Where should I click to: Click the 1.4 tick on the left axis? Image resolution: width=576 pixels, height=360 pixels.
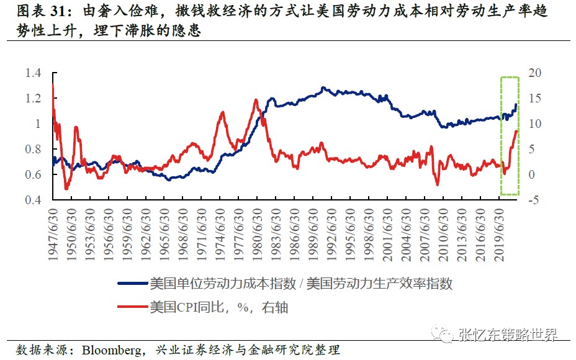32,73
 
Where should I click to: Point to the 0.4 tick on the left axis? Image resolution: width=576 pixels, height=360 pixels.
32,200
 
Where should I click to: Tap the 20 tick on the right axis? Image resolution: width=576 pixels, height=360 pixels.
534,73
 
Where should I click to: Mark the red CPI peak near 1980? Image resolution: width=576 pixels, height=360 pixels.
256,100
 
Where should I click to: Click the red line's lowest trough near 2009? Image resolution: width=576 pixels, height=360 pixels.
438,184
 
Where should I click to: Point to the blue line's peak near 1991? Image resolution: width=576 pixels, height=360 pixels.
323,88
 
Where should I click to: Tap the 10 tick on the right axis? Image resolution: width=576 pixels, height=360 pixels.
534,124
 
